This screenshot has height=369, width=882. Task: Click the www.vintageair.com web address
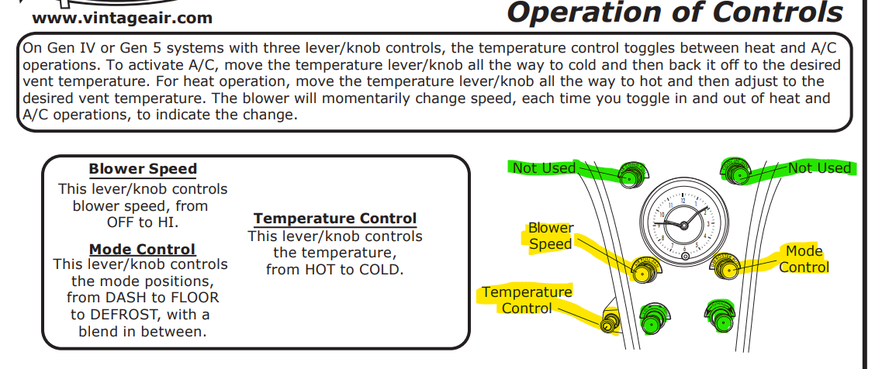(123, 18)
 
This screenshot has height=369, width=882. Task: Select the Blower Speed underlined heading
(143, 169)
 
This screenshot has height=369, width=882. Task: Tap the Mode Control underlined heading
(143, 249)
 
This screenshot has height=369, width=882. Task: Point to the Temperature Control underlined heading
(335, 219)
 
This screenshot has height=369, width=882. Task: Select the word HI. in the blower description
(167, 222)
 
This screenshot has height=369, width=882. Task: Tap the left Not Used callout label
(544, 168)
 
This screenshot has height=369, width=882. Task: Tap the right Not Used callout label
(819, 167)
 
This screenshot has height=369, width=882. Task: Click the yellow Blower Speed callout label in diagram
(551, 236)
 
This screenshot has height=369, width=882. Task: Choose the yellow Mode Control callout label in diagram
(804, 260)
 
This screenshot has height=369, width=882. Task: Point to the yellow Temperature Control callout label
(527, 300)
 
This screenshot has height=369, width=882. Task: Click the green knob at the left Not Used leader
(631, 175)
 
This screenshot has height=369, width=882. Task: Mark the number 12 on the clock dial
(683, 200)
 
